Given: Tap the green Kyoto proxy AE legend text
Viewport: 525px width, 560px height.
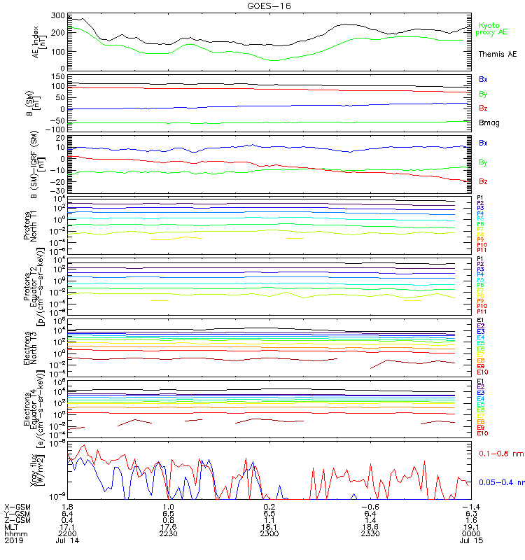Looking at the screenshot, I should (494, 29).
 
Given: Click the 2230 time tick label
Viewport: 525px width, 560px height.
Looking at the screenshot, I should (168, 533).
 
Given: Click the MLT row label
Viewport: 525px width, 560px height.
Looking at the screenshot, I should (11, 526).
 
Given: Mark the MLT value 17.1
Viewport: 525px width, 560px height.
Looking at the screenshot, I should (68, 526).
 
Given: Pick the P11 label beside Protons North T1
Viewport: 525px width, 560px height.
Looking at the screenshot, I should (481, 250).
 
